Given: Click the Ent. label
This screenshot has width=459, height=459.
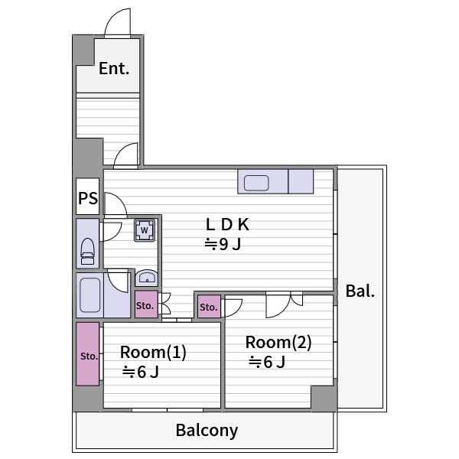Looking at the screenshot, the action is [114, 69].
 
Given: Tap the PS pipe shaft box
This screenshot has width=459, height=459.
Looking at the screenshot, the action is [88, 197].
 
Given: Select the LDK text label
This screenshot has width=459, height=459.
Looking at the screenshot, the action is [227, 224].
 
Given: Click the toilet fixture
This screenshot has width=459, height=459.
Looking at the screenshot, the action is [87, 252].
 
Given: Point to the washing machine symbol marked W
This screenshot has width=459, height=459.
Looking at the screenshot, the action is [145, 230].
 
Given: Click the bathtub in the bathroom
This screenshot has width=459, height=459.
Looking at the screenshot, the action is [90, 295].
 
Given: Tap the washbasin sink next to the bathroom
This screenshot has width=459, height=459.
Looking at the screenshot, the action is [147, 278].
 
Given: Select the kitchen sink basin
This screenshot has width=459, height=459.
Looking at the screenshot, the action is [256, 183].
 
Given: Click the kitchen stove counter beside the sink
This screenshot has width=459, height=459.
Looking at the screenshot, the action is [301, 181].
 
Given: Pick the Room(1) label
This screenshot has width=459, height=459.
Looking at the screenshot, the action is [153, 352].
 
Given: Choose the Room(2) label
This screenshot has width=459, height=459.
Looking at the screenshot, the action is [278, 342].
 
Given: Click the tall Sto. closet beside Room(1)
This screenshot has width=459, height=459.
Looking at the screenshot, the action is [87, 354].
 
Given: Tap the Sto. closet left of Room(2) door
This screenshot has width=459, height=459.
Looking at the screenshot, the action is [209, 307].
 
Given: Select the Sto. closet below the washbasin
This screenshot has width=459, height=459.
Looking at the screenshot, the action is [146, 304].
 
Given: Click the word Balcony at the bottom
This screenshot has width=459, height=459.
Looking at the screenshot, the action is [207, 430].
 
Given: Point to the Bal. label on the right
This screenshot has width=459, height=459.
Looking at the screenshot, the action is [360, 291].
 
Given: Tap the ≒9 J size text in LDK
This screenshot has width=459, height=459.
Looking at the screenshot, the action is [223, 244].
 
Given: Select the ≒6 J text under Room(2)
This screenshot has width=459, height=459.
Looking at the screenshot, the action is [267, 362].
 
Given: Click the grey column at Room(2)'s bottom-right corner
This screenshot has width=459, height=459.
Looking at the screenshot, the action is [324, 398].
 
